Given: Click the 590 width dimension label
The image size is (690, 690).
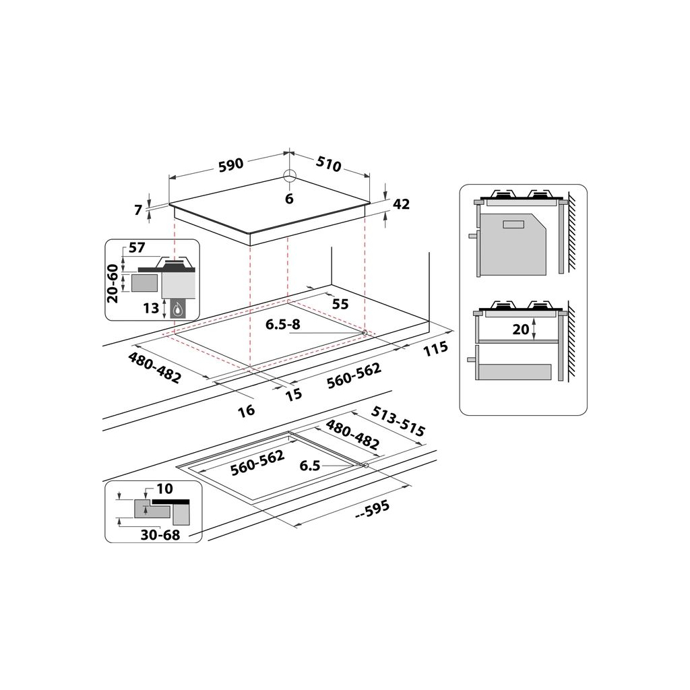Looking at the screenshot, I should [x=230, y=165].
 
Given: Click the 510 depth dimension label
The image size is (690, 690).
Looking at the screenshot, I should [x=328, y=164].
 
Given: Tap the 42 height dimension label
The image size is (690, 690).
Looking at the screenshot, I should [x=401, y=204].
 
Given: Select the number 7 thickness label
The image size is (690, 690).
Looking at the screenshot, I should [x=139, y=210].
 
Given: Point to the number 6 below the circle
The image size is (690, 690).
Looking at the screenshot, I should [x=289, y=199].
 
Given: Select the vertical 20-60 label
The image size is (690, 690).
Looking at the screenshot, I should [x=113, y=282].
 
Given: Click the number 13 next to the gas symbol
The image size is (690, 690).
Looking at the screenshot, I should [x=151, y=309].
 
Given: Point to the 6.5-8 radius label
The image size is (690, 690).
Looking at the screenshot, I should [x=284, y=324].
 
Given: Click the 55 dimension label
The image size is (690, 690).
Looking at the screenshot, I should [x=340, y=305].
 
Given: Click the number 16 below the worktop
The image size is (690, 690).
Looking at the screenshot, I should [x=247, y=410].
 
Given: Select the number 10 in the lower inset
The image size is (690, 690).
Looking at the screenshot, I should [x=165, y=488].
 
